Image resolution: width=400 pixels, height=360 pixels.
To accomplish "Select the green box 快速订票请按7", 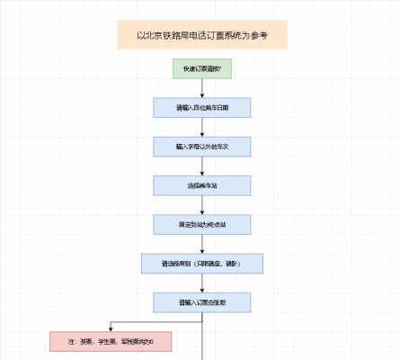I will click(202, 68).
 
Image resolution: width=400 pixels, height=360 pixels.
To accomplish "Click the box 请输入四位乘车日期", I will click(202, 107).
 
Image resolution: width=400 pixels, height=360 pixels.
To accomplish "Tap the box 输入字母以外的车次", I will click(202, 146).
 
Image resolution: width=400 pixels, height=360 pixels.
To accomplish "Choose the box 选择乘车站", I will click(202, 185).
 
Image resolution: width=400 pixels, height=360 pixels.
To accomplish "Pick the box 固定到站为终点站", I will click(202, 224).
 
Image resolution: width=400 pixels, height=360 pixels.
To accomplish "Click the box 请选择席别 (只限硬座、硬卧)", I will click(202, 264).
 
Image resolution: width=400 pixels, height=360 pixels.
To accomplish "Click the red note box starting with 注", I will click(111, 342).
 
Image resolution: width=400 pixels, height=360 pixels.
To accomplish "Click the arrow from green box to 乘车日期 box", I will click(203, 87).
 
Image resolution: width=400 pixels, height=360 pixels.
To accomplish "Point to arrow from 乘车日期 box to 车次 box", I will click(203, 127).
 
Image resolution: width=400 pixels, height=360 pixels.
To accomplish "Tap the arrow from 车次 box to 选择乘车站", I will click(203, 166).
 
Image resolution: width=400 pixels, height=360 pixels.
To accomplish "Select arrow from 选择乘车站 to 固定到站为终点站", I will click(203, 205).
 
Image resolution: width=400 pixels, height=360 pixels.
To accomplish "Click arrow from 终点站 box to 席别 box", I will click(203, 244).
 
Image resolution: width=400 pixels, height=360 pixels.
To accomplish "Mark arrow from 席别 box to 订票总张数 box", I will click(203, 283).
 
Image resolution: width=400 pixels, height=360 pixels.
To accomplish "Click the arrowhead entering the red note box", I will click(111, 328).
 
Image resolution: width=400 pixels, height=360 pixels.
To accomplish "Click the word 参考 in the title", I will click(256, 35).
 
